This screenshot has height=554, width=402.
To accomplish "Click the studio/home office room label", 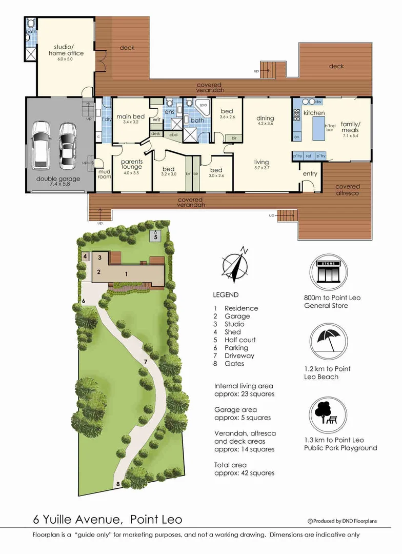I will (x=66, y=50).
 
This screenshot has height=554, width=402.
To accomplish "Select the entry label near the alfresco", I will (x=310, y=174).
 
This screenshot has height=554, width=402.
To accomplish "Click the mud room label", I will (x=104, y=174).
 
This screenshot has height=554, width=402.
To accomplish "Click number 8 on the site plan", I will (x=118, y=484).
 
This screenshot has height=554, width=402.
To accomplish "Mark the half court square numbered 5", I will (x=156, y=236).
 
